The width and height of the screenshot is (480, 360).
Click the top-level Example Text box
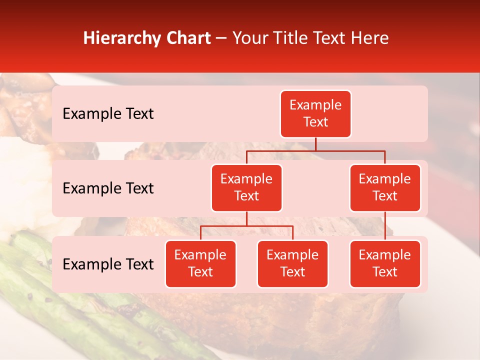point(315,114)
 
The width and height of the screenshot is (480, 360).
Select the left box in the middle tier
point(246,187)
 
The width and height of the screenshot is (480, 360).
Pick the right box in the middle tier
point(385,187)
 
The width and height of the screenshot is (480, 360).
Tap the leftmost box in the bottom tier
point(200,263)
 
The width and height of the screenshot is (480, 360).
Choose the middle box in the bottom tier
point(292,263)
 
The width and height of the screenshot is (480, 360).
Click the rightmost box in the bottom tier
point(385,263)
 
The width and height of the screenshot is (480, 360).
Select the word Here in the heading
point(369,38)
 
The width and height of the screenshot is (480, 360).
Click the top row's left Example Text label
point(108,114)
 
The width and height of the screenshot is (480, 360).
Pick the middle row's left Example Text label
point(108,188)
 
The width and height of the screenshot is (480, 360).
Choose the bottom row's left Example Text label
point(108,264)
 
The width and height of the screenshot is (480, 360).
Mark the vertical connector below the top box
point(315,144)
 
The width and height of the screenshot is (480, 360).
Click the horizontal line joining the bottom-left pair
point(246,226)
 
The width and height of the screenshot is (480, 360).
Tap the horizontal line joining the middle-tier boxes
point(315,150)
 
